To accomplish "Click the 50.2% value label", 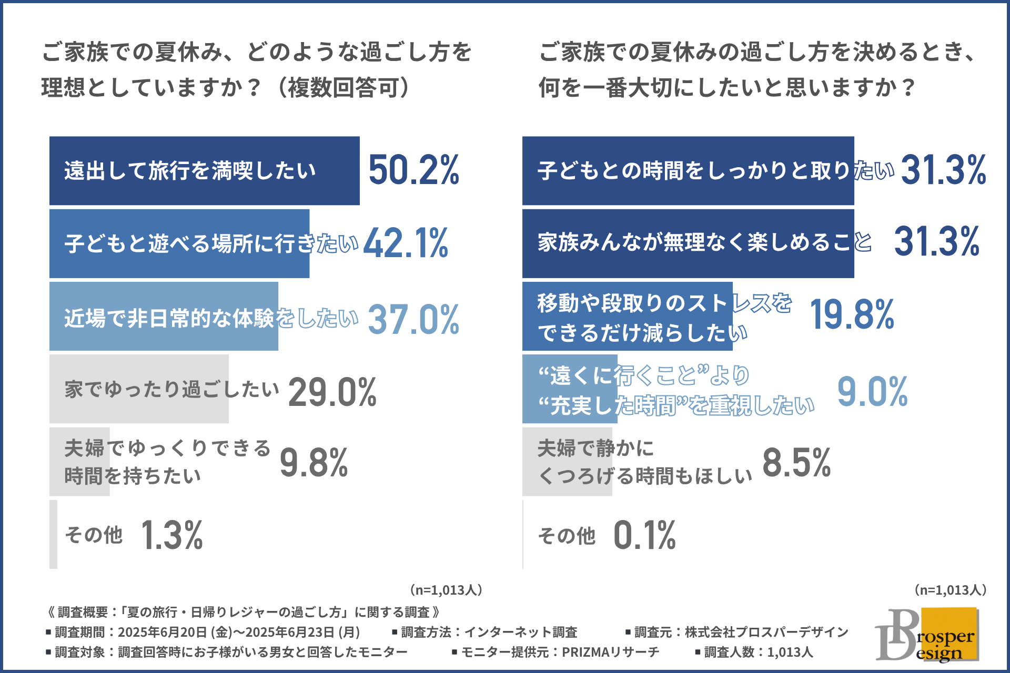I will [414, 170].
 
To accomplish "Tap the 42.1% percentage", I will [406, 243].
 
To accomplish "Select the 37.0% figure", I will [413, 319].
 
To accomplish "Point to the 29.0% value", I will [332, 392].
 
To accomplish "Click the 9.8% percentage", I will [314, 463].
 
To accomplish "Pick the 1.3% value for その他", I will [172, 535].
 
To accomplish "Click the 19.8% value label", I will [852, 315].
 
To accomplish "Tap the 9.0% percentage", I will [872, 392].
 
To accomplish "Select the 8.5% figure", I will [796, 463].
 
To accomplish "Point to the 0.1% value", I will [644, 535].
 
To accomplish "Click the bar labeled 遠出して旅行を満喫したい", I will [204, 171].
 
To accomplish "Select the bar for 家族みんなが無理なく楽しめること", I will [688, 243].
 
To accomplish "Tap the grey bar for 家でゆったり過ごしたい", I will [139, 389].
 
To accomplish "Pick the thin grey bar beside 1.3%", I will [53, 534].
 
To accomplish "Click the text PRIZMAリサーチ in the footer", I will [610, 652].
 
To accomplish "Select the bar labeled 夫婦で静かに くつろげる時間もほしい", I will [567, 462].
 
